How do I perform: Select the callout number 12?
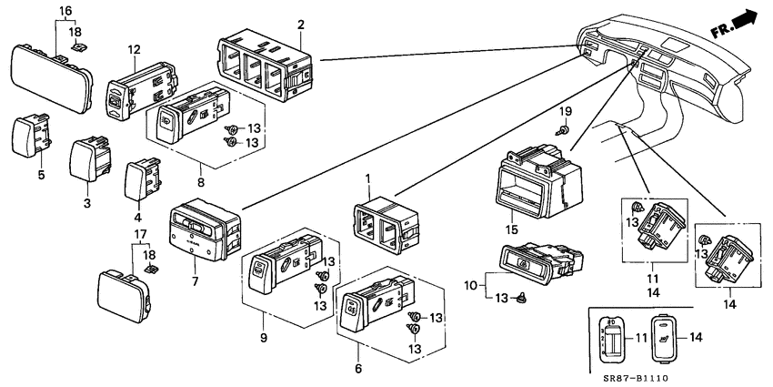[135, 49]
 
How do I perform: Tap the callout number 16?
[65, 11]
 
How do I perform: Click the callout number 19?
[564, 111]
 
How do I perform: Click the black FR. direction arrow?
[748, 17]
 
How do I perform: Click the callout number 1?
[367, 178]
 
